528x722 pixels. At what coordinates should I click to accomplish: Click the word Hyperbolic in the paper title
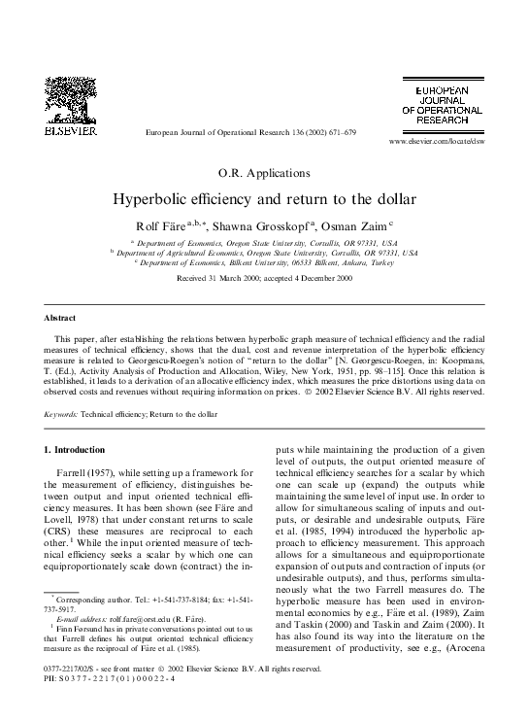[x=155, y=200]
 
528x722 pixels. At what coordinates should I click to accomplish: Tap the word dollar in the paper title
[x=393, y=200]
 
